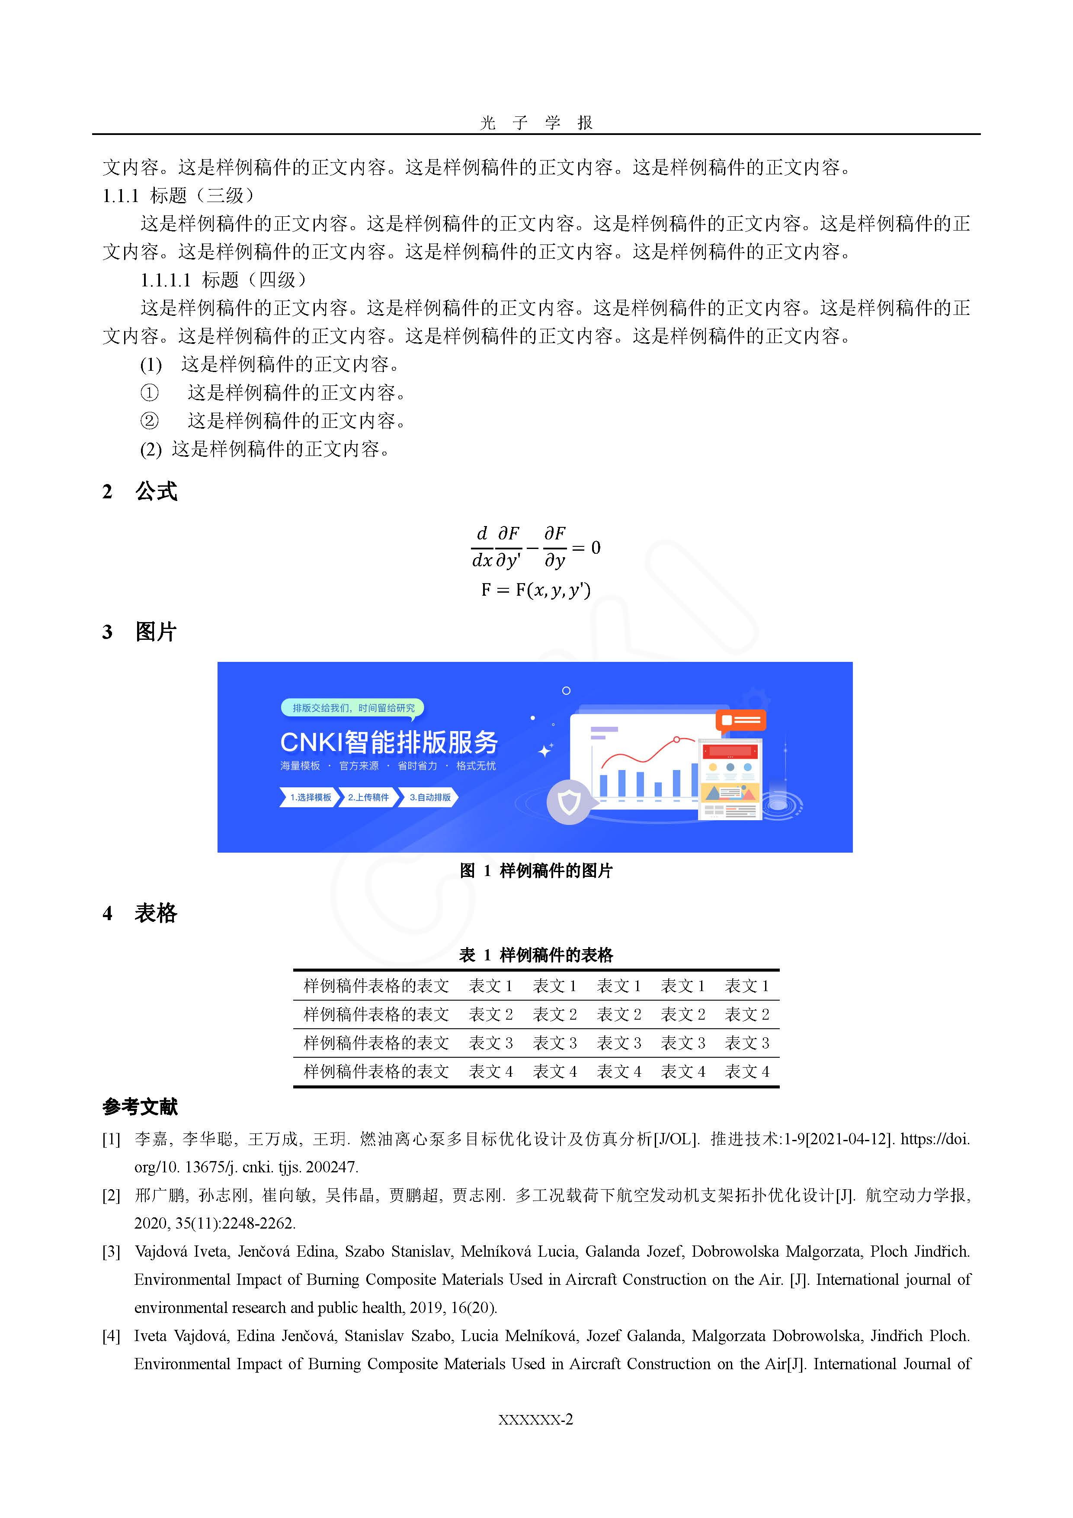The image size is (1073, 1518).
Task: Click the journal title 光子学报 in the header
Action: click(536, 122)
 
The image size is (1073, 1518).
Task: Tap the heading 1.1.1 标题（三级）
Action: click(179, 196)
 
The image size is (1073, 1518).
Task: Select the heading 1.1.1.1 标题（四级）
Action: click(224, 280)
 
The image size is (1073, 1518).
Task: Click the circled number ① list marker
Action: click(149, 393)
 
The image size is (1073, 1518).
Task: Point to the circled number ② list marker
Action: click(149, 421)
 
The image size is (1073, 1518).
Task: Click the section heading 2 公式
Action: click(140, 492)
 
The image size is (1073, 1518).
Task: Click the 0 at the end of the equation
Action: click(596, 548)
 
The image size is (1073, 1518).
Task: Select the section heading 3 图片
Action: click(140, 632)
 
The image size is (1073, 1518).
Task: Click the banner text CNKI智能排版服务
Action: click(389, 742)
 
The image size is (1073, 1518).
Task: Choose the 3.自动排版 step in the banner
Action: click(430, 797)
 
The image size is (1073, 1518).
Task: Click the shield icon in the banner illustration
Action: click(569, 802)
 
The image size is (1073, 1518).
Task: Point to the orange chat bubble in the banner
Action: click(740, 720)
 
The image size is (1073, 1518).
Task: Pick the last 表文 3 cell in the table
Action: click(746, 1043)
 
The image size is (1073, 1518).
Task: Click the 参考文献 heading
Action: click(140, 1107)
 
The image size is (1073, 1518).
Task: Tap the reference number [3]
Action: click(111, 1252)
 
